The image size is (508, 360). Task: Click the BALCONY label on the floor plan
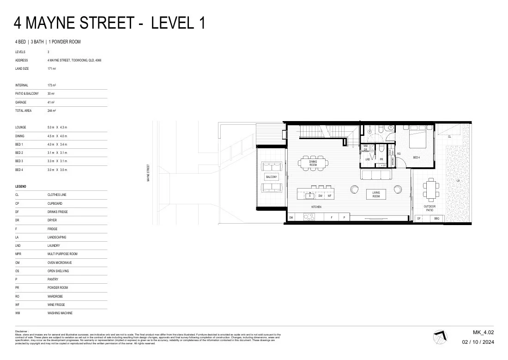[271, 177]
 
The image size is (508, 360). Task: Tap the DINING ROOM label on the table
[313, 163]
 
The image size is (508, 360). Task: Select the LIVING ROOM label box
[376, 195]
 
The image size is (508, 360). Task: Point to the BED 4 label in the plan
[416, 158]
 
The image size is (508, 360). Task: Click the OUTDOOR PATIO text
[429, 208]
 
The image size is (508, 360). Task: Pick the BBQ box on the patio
[436, 218]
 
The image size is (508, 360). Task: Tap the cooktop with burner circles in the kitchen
[309, 217]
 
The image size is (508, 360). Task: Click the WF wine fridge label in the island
[330, 196]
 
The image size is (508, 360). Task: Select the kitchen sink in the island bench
[311, 195]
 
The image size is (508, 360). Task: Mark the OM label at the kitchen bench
[291, 217]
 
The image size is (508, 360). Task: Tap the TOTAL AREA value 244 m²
[51, 111]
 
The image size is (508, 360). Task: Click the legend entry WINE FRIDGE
[56, 305]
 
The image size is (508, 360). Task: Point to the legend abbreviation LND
[18, 246]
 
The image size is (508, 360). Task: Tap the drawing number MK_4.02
[484, 332]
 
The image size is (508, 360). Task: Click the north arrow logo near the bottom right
[441, 336]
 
